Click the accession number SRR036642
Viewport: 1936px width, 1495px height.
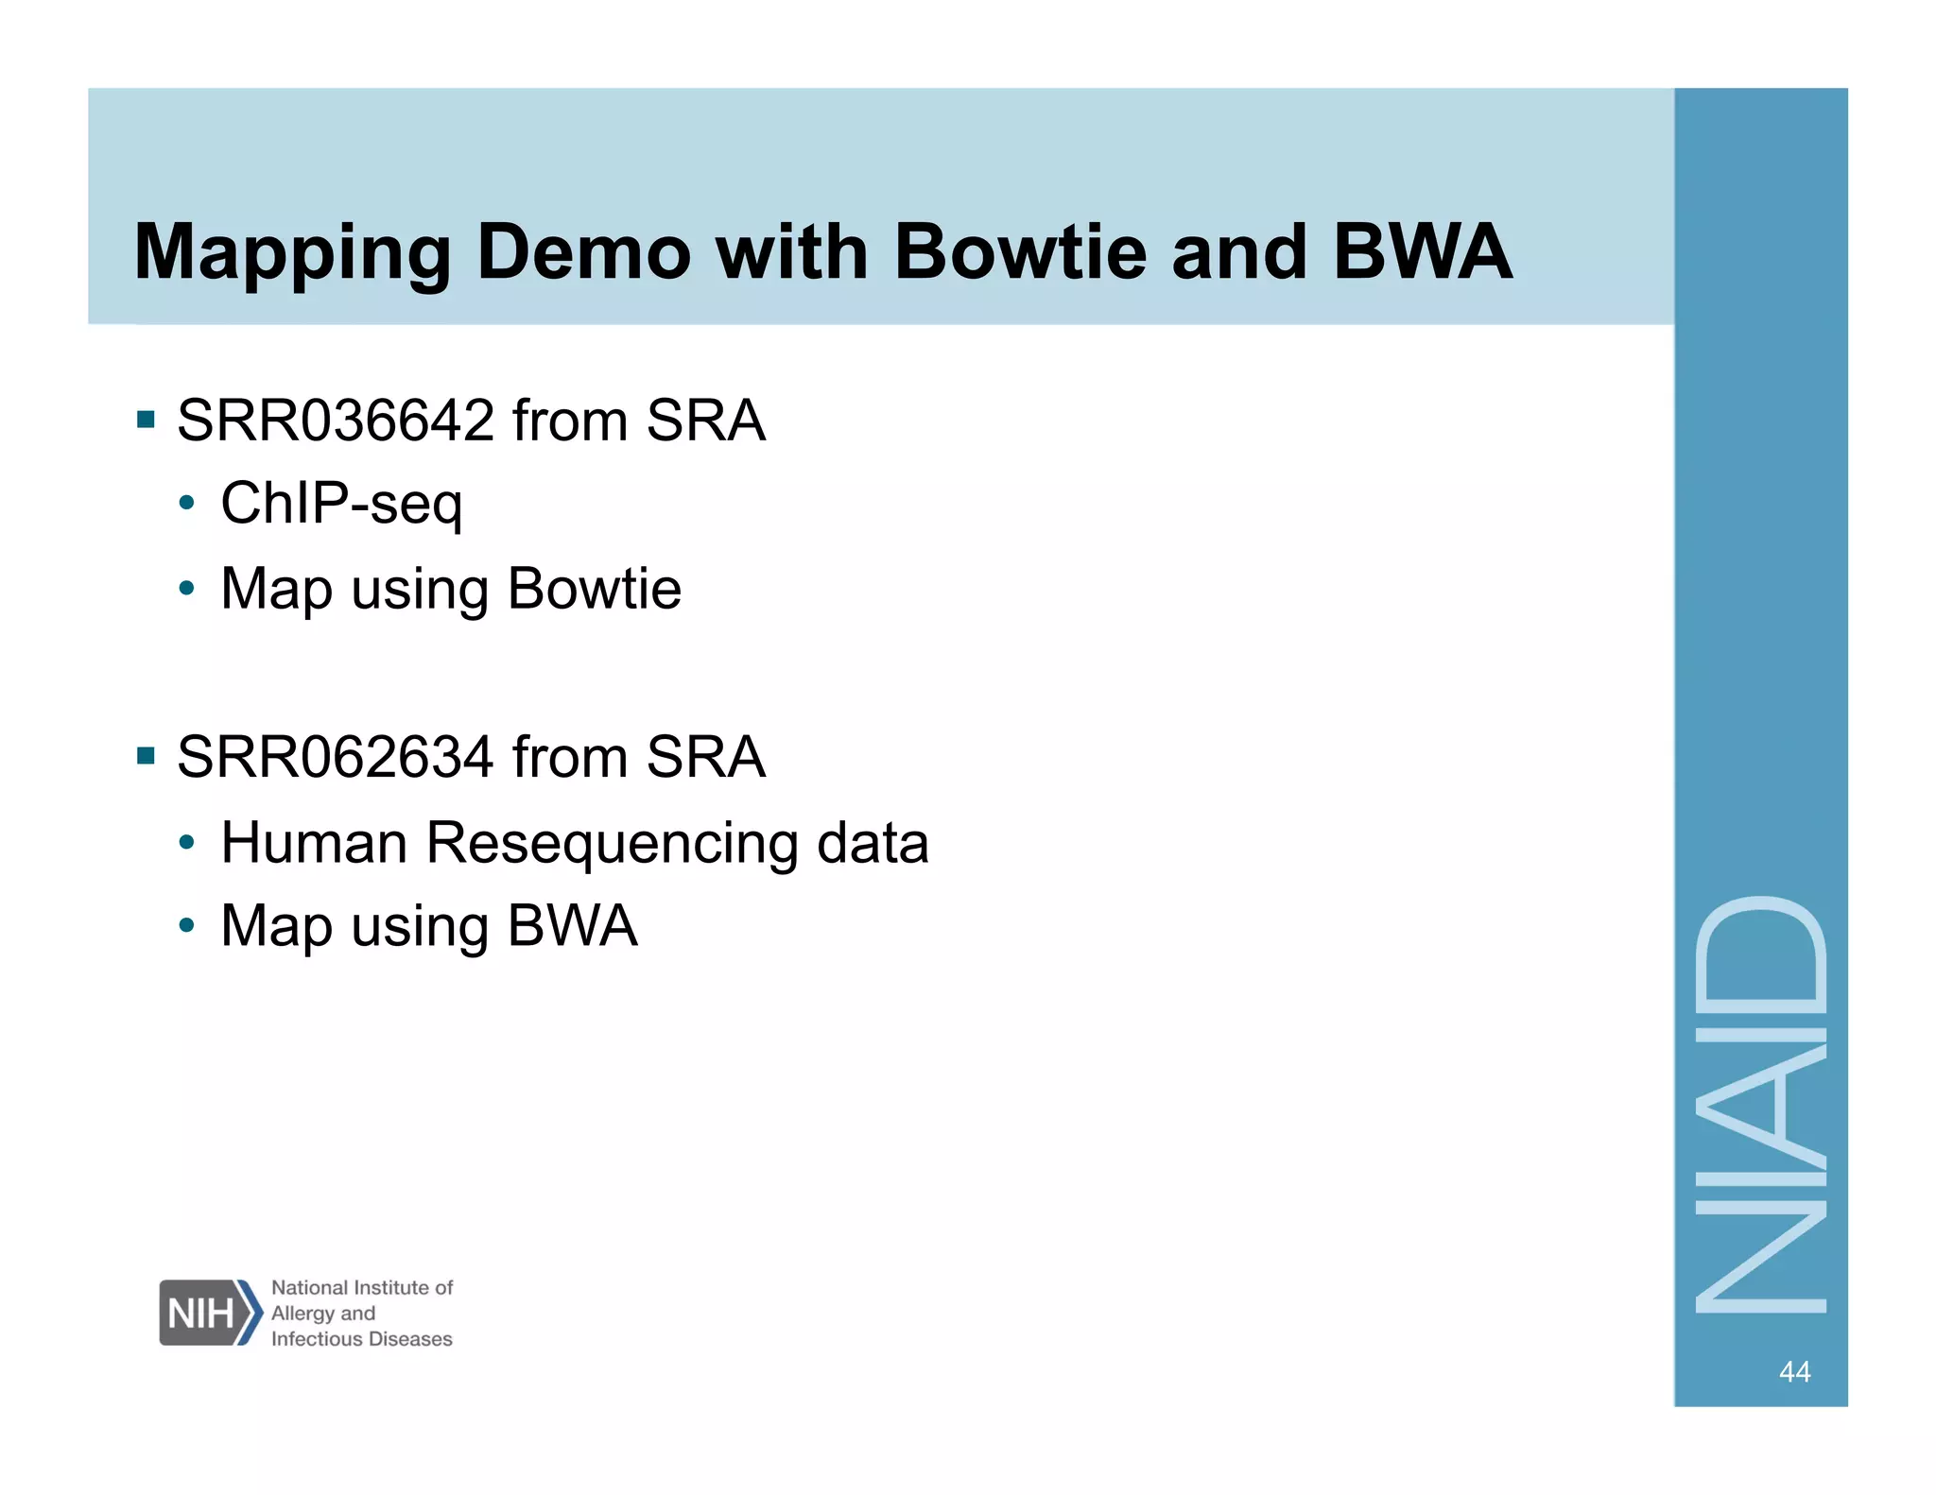(x=336, y=421)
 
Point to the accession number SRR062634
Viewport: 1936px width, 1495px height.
(x=336, y=757)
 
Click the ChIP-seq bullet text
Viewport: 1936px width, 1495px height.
(x=341, y=504)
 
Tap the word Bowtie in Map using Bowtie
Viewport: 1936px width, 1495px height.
(x=594, y=589)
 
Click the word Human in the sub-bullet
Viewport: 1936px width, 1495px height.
(x=314, y=842)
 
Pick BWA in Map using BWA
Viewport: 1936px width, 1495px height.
(x=572, y=925)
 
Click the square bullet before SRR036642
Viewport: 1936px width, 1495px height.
(x=146, y=419)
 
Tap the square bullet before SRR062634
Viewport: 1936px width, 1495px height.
(x=146, y=755)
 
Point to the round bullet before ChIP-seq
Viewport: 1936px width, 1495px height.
(x=187, y=503)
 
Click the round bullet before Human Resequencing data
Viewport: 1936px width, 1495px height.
(x=187, y=841)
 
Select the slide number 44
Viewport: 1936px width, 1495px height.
(x=1794, y=1371)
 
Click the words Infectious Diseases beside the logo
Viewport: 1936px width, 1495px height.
(x=361, y=1339)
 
